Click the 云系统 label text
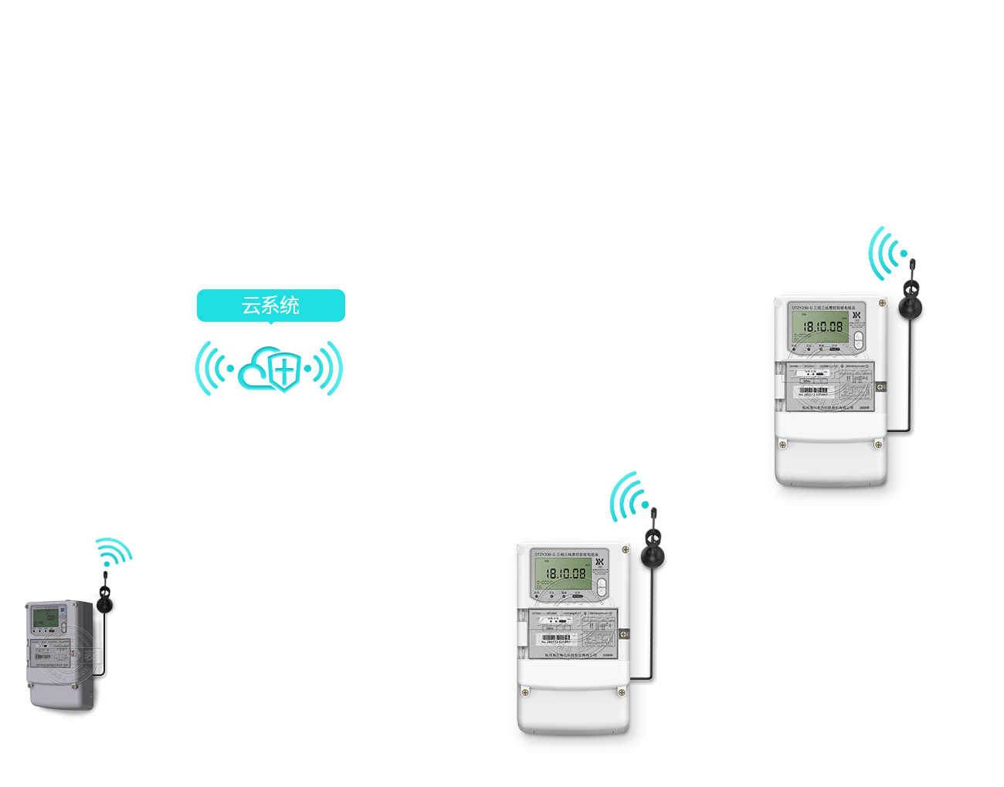pos(270,306)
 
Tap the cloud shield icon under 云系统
pos(271,370)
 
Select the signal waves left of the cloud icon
pos(212,369)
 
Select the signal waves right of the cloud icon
pos(327,369)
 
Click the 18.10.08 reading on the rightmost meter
pos(823,327)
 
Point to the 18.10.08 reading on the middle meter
pos(566,574)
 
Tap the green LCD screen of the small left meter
pos(45,617)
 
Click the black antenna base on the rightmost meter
pos(911,308)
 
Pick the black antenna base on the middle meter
pos(653,557)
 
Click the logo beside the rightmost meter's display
pos(856,316)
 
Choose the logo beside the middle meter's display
pos(599,562)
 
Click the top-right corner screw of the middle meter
pos(626,549)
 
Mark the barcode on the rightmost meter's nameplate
pos(813,391)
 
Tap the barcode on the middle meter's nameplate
pos(556,638)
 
